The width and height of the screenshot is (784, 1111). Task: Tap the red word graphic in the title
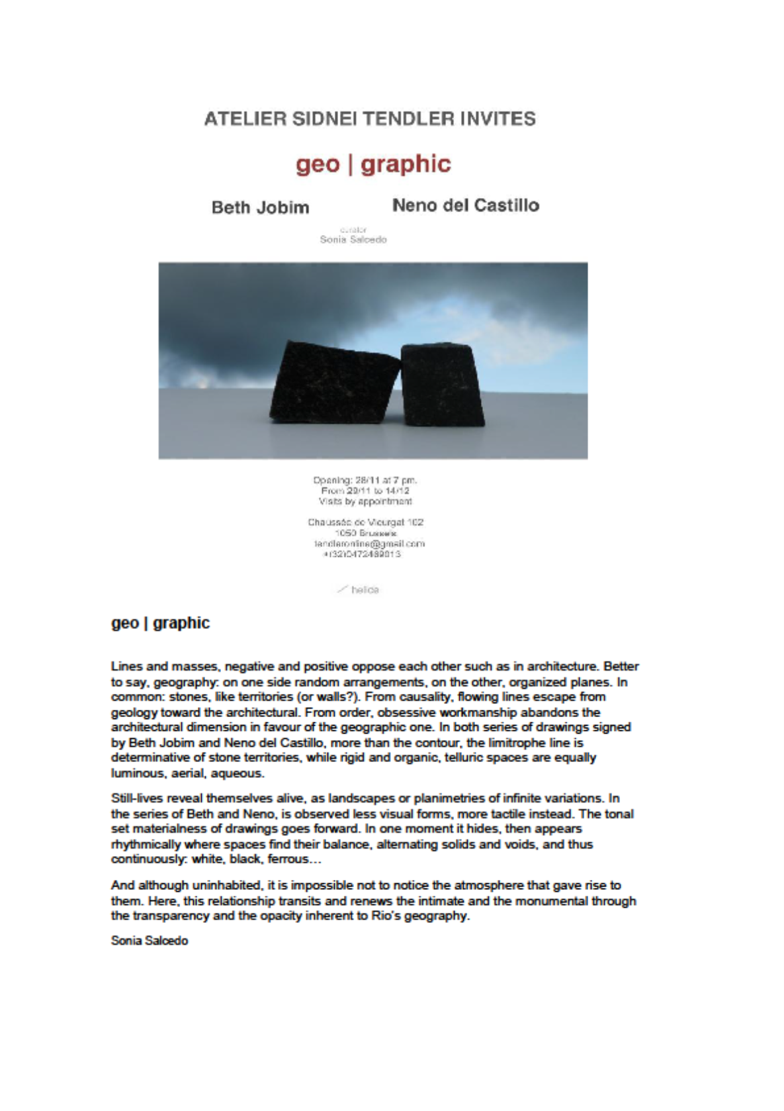coord(406,164)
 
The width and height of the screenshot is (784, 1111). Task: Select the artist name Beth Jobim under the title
coord(260,207)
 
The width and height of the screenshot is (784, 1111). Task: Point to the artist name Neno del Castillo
coord(465,205)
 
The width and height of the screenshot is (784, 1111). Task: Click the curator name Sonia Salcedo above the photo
coord(353,240)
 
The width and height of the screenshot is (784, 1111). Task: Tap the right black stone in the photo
coord(445,384)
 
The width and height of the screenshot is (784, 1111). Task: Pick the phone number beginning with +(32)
coord(362,554)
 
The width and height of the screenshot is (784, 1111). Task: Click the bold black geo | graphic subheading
coord(160,623)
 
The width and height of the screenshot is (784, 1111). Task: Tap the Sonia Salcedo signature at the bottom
coord(150,941)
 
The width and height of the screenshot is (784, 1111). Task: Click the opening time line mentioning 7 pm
coord(365,480)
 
